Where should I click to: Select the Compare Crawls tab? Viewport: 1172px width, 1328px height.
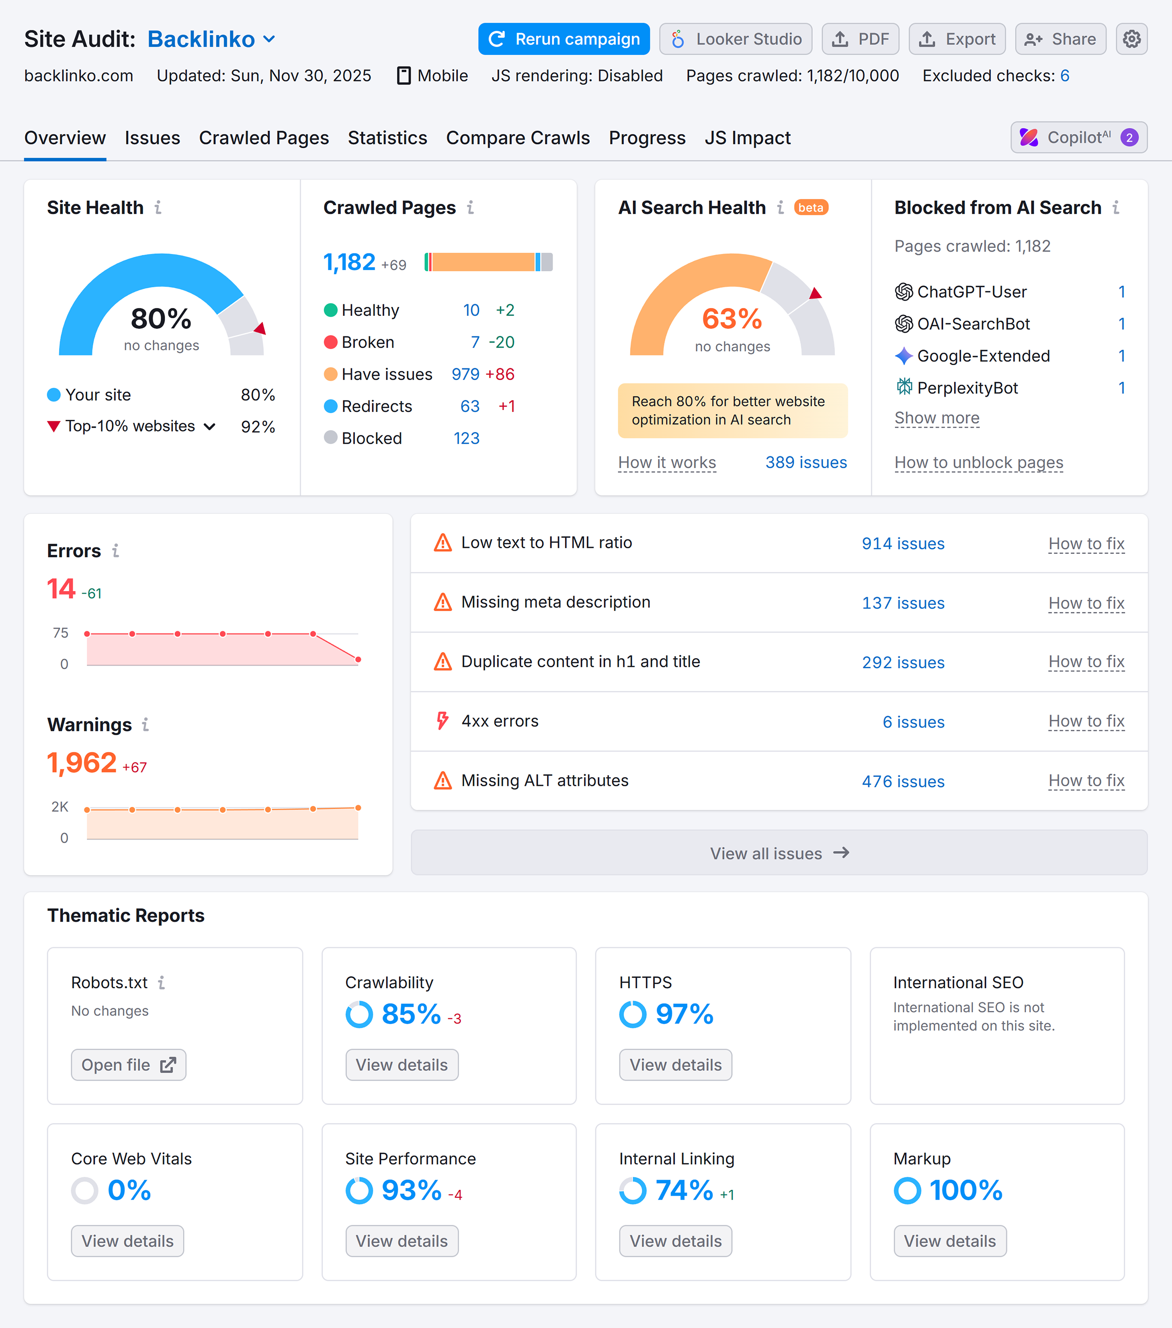[x=518, y=138]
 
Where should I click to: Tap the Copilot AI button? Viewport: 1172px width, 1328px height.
[x=1078, y=138]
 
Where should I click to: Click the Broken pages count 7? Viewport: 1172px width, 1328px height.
[x=474, y=343]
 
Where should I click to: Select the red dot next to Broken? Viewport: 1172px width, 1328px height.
[x=330, y=343]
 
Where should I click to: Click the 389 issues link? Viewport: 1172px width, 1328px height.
[x=805, y=463]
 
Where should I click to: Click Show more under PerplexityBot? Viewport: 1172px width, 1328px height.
[x=936, y=418]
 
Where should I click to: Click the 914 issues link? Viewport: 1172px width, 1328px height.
[x=902, y=544]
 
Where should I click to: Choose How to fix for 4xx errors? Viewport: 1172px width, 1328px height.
[x=1086, y=721]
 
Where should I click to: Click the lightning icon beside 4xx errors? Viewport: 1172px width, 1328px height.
[x=443, y=721]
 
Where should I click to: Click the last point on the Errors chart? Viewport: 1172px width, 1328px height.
[x=358, y=659]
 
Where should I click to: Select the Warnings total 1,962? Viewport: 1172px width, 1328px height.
[x=82, y=763]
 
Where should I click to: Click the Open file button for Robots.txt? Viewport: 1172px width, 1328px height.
[x=128, y=1065]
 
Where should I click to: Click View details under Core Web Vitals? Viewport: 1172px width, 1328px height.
[x=128, y=1241]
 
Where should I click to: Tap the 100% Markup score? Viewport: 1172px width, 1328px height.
[x=965, y=1190]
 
